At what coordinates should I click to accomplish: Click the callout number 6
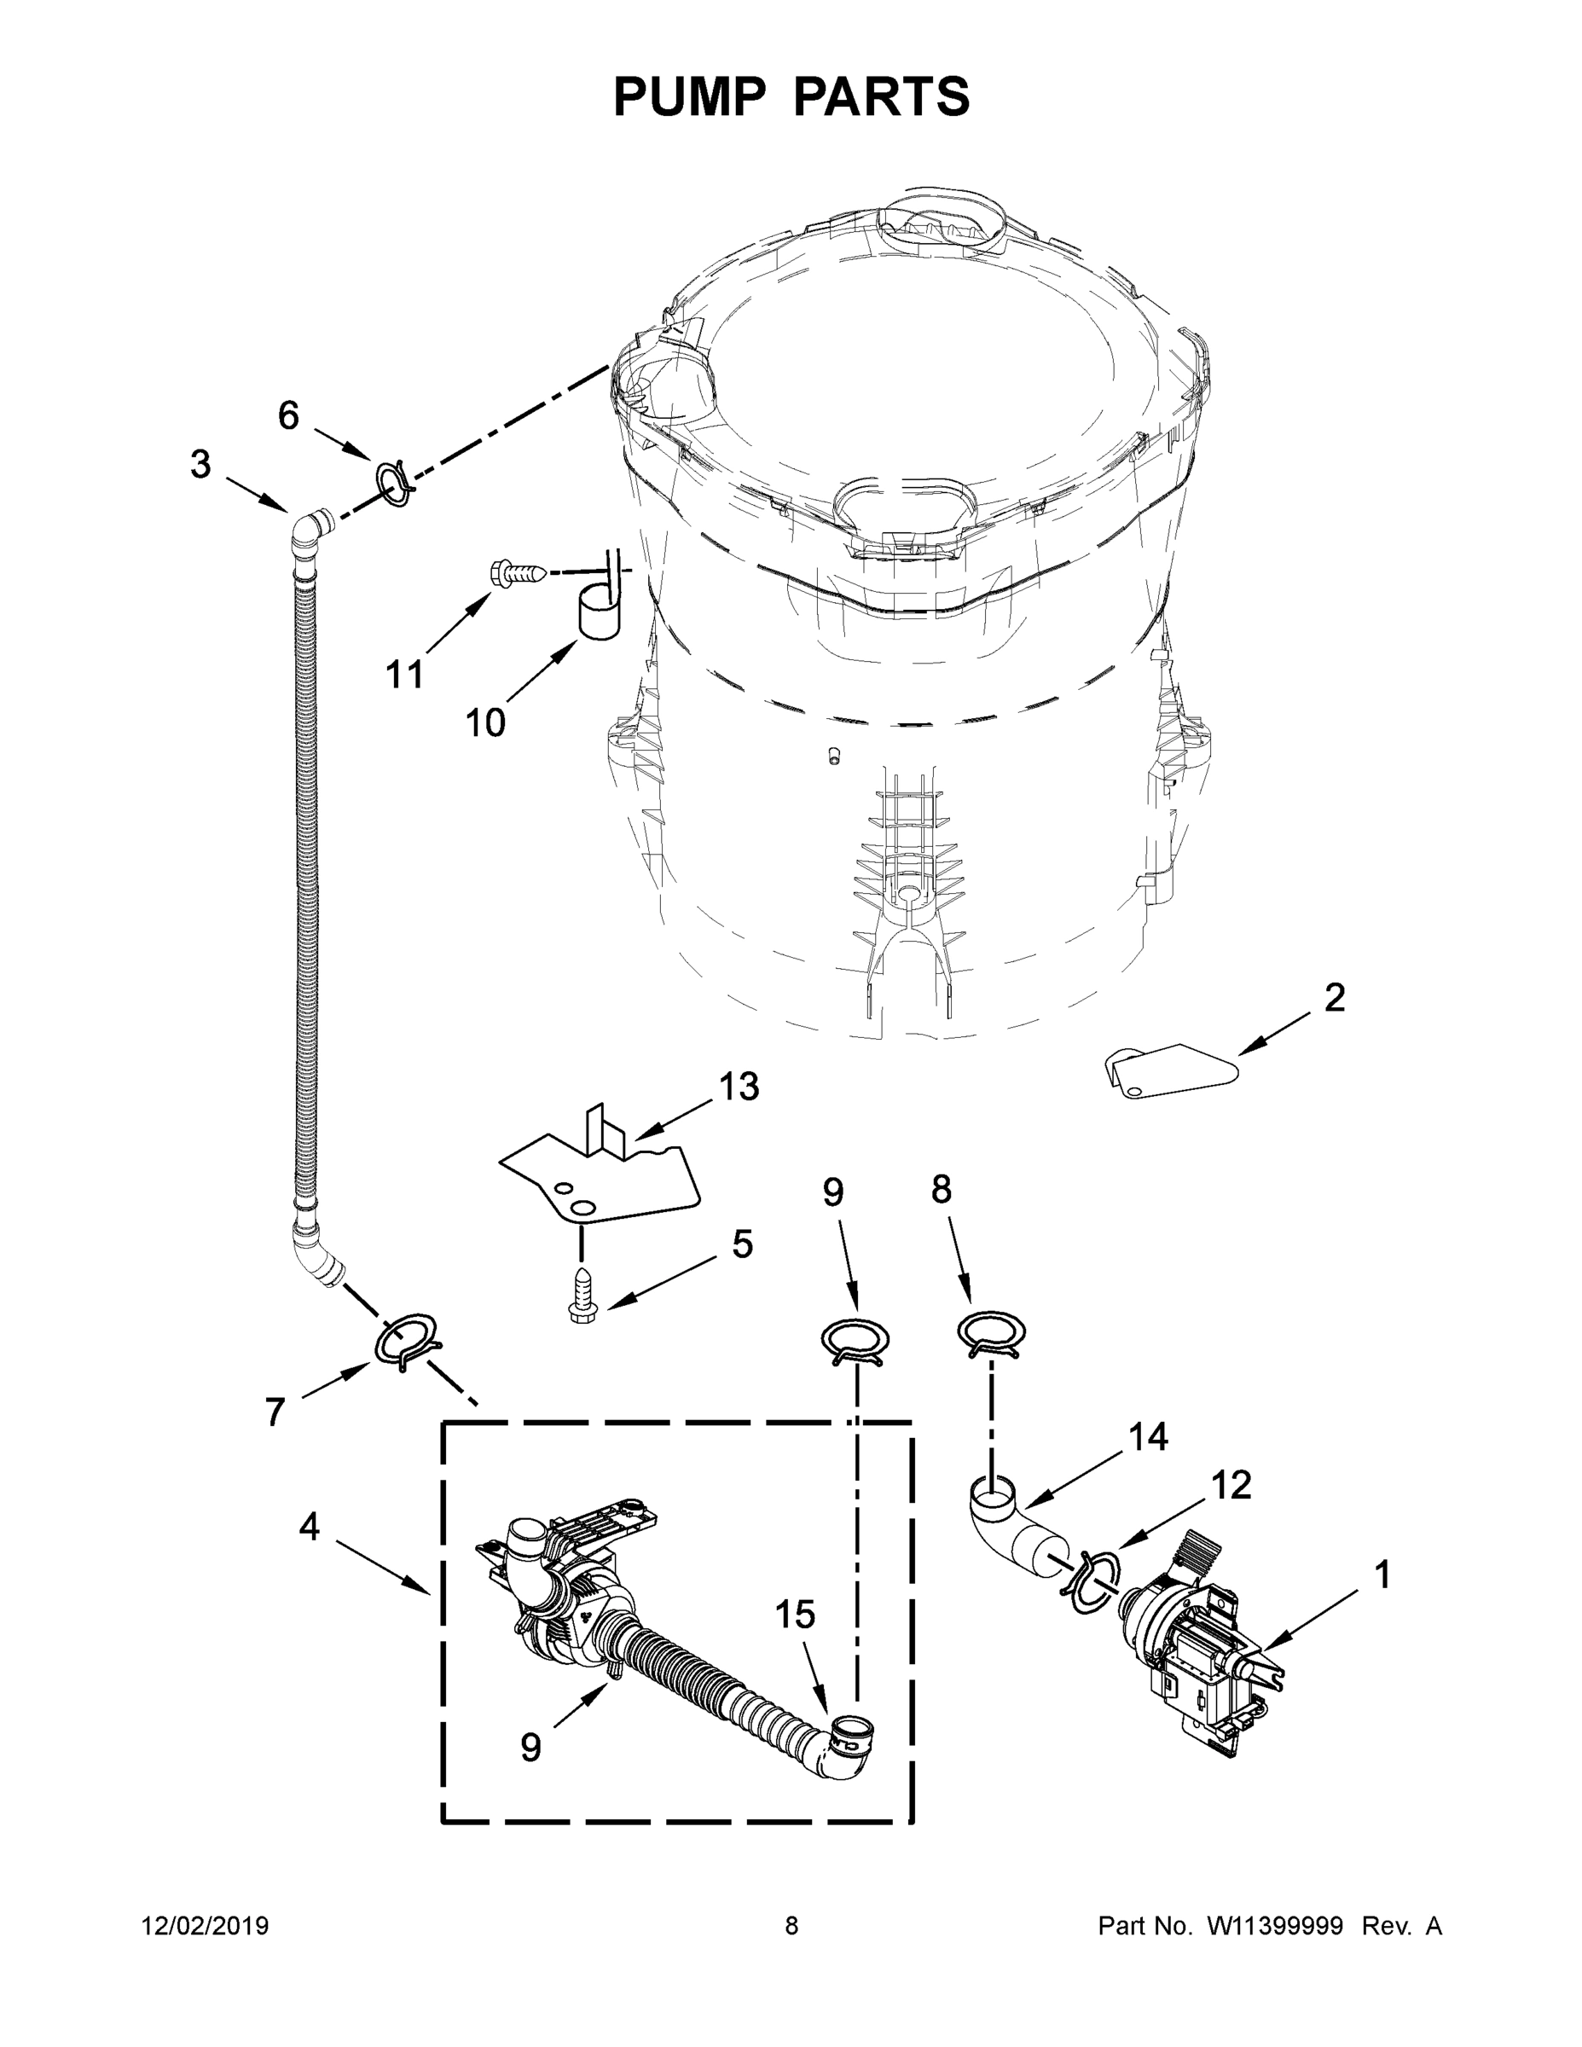[288, 415]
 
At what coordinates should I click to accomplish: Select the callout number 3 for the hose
[200, 465]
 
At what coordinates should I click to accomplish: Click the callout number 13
[739, 1087]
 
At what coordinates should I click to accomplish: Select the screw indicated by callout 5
[582, 1296]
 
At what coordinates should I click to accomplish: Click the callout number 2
[1335, 997]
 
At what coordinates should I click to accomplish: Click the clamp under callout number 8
[991, 1333]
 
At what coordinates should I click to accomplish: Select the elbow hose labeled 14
[1006, 1522]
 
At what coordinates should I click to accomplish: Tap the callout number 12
[1231, 1486]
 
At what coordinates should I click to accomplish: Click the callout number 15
[795, 1615]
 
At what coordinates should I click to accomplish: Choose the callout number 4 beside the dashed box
[310, 1527]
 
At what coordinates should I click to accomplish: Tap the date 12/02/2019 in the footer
[206, 1926]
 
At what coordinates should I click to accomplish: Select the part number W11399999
[1275, 1926]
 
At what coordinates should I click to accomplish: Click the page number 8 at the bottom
[791, 1926]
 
